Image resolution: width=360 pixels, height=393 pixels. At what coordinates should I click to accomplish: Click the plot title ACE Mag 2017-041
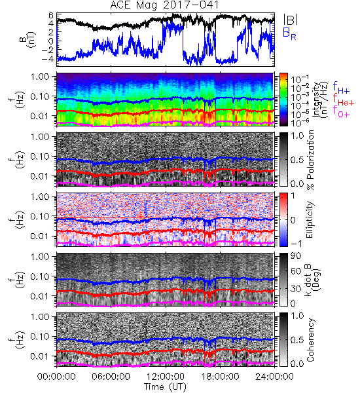tap(164, 5)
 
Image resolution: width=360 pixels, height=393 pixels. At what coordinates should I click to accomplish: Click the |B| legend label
tap(291, 20)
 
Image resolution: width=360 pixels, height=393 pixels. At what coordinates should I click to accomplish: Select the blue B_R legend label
tap(289, 33)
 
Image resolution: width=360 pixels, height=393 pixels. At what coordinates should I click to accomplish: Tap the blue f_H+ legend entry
tap(341, 88)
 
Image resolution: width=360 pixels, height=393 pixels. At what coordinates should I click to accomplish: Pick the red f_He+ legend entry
tap(344, 100)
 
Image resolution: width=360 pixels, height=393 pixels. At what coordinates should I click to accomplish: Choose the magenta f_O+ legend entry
tap(341, 111)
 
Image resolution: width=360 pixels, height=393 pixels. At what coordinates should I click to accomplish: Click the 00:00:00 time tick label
tap(56, 377)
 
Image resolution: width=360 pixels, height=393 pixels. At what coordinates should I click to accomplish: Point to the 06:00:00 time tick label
tap(111, 377)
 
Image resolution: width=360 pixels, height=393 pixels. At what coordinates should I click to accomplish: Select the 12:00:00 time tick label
tap(166, 377)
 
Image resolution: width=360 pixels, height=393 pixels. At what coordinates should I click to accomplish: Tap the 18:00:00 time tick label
tap(220, 377)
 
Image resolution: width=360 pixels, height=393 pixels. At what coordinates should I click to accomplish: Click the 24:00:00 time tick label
tap(274, 377)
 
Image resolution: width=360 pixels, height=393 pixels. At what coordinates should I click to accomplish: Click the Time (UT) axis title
tap(165, 386)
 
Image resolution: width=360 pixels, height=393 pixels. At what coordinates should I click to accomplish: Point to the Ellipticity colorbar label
tap(310, 219)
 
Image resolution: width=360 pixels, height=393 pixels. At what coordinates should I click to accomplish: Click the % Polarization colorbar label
tap(310, 160)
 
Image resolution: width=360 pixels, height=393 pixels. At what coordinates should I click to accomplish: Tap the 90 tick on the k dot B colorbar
tap(296, 255)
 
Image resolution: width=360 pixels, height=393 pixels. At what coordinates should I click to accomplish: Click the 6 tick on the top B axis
tap(51, 16)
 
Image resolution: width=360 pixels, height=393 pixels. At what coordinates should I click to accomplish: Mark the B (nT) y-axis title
tap(29, 39)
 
